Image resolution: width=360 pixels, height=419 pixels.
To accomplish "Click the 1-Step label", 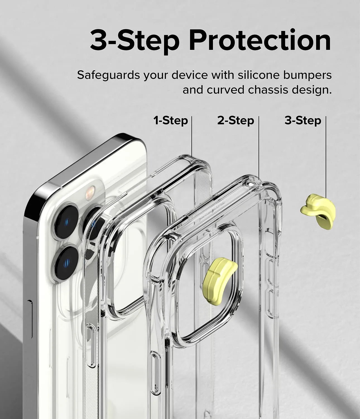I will (171, 121).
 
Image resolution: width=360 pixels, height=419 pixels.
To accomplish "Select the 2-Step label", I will (236, 121).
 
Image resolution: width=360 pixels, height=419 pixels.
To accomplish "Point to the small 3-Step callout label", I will (303, 121).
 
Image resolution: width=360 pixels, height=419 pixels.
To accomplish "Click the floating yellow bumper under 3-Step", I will (318, 211).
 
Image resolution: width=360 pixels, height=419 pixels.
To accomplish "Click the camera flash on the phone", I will (90, 192).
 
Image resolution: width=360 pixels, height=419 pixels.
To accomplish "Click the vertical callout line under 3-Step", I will (326, 156).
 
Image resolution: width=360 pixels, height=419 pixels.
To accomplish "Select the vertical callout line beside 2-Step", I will (259, 148).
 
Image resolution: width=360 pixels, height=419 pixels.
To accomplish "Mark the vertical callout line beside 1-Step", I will (192, 137).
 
